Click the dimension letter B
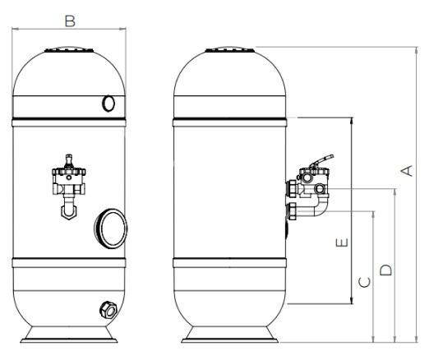click(70, 21)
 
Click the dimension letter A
click(407, 170)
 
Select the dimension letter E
click(342, 242)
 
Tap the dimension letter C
click(365, 282)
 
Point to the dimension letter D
click(386, 270)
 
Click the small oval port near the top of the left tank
click(108, 104)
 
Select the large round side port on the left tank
click(111, 228)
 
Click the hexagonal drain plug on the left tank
click(108, 310)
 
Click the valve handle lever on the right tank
click(321, 161)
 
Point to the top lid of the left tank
click(69, 49)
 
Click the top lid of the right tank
click(230, 49)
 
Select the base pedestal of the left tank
click(69, 335)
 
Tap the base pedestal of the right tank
click(229, 335)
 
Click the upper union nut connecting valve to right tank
click(292, 188)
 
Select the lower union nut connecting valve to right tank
click(292, 211)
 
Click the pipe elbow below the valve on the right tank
click(321, 206)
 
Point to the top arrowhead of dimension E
click(352, 121)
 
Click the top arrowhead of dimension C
click(373, 215)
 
